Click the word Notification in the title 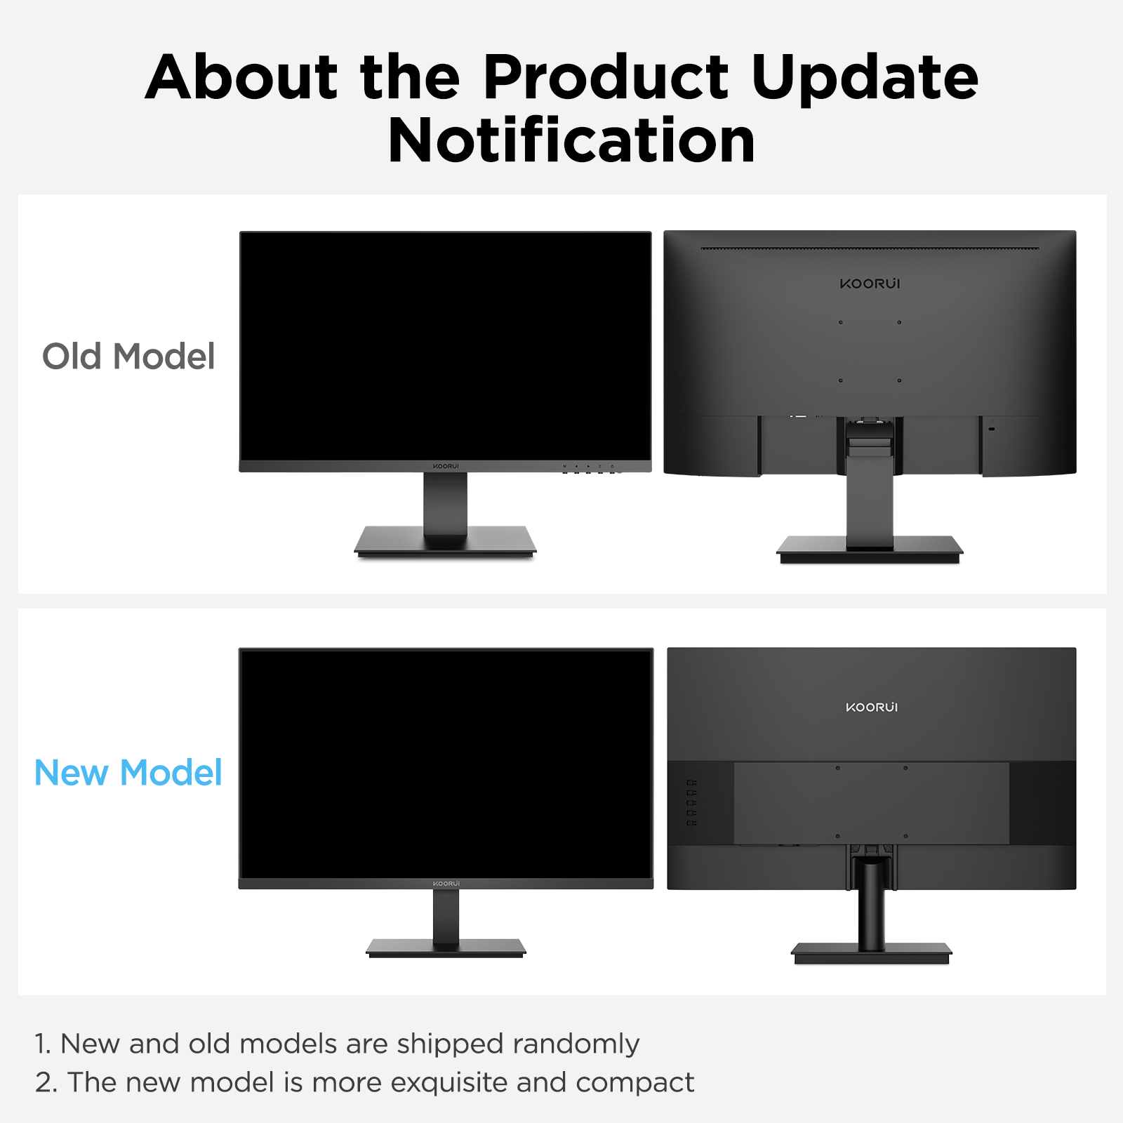[x=571, y=141]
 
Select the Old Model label [x=128, y=357]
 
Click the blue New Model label [x=128, y=773]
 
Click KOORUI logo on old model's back [x=870, y=284]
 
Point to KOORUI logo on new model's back [x=872, y=707]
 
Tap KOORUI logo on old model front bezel [x=446, y=466]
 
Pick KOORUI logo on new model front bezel [x=446, y=883]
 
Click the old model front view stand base [x=445, y=543]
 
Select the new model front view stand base [x=446, y=948]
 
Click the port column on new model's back [x=692, y=802]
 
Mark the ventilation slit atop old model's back [x=870, y=248]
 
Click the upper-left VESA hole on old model [x=840, y=322]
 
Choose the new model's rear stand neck [x=871, y=905]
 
